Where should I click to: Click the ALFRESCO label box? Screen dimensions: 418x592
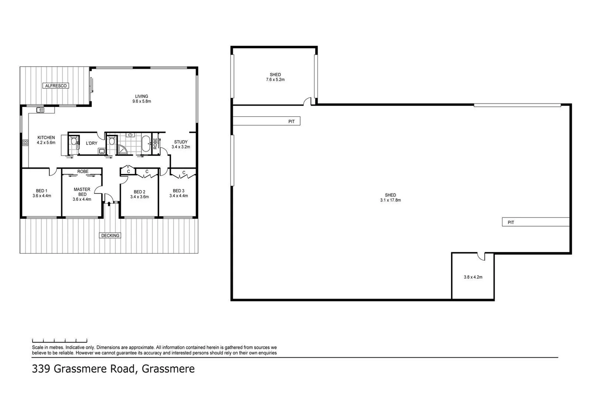(x=56, y=86)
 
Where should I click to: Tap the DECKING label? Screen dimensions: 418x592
(x=110, y=235)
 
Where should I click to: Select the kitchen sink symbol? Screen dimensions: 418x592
(x=40, y=110)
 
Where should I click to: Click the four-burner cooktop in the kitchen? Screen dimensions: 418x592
(x=25, y=143)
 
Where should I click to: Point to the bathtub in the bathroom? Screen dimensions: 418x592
(x=146, y=144)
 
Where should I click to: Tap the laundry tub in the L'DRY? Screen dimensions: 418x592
(x=102, y=151)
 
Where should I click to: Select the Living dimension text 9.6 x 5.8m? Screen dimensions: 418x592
(x=141, y=101)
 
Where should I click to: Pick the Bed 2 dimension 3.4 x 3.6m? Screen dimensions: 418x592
(x=139, y=197)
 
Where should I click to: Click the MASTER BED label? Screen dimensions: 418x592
(x=82, y=192)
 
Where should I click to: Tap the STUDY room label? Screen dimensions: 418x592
(x=181, y=142)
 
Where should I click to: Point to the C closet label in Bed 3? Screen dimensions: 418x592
(x=184, y=173)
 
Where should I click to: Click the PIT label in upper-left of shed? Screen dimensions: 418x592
(x=291, y=122)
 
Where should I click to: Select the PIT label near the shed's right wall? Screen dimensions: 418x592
(x=511, y=223)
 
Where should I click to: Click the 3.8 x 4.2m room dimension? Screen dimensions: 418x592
(x=473, y=277)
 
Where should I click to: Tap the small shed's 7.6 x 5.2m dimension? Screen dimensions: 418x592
(x=275, y=80)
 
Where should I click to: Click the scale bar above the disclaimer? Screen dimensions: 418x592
(x=59, y=341)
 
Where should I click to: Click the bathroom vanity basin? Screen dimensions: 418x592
(x=131, y=135)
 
